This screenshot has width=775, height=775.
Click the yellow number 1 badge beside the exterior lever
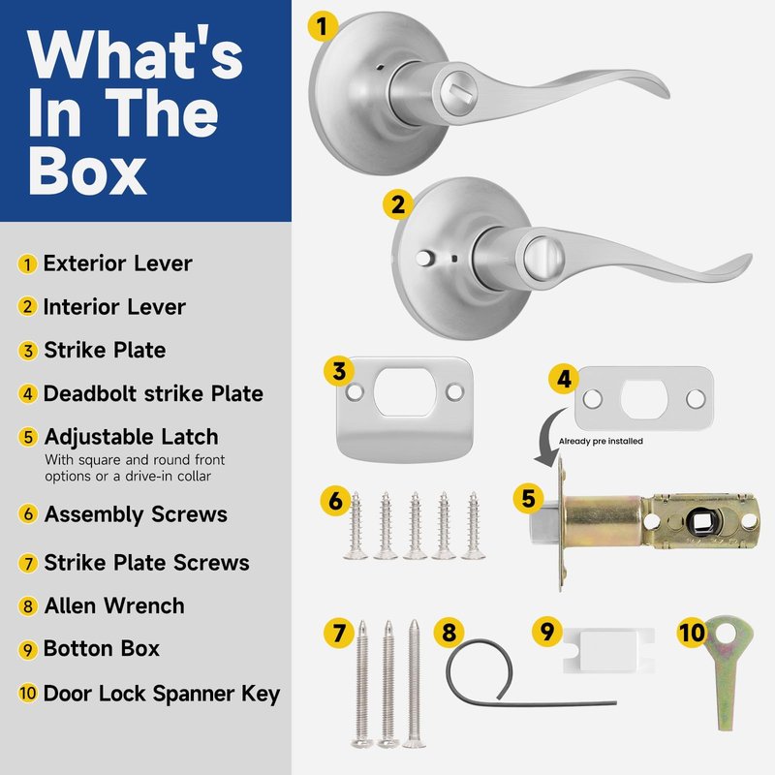pyautogui.click(x=323, y=26)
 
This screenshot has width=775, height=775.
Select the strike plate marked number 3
pyautogui.click(x=405, y=409)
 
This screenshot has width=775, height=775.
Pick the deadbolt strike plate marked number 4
pyautogui.click(x=644, y=398)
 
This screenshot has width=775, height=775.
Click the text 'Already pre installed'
pyautogui.click(x=601, y=441)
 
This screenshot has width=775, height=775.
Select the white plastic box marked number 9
pyautogui.click(x=608, y=650)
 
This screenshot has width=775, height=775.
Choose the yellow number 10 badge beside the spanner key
pyautogui.click(x=692, y=633)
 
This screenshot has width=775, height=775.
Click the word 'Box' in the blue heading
pyautogui.click(x=87, y=171)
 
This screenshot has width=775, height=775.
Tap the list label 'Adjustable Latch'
pyautogui.click(x=132, y=437)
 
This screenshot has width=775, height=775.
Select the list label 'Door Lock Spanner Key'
pyautogui.click(x=162, y=694)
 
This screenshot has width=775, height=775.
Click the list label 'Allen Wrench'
pyautogui.click(x=114, y=606)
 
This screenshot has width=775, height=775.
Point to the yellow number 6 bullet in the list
pyautogui.click(x=28, y=514)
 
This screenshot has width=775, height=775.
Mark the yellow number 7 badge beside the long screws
pyautogui.click(x=338, y=633)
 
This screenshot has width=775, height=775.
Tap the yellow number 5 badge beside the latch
pyautogui.click(x=528, y=498)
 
